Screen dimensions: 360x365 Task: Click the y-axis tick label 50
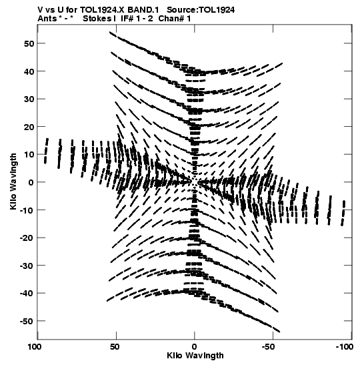(29, 43)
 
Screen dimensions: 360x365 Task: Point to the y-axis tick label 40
(29, 71)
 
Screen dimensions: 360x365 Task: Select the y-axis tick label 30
(29, 99)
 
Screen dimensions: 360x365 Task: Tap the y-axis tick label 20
(29, 127)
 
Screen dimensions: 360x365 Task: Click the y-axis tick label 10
(29, 154)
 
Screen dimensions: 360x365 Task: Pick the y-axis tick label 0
(31, 182)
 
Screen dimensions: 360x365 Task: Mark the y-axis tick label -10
(27, 210)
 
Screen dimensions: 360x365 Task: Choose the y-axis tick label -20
(27, 238)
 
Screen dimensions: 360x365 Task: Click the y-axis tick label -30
(27, 266)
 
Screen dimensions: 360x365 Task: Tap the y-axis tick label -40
(27, 293)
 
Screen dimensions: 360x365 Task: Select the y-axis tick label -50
(27, 321)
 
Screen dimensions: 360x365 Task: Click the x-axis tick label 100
(35, 347)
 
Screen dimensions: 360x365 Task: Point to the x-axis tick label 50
(115, 347)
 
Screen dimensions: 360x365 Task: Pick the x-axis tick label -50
(271, 347)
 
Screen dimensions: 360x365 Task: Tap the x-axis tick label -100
(345, 347)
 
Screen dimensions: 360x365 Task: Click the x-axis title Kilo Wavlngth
(195, 356)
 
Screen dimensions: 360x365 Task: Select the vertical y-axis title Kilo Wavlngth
(13, 181)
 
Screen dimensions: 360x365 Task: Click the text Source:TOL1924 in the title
(201, 10)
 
